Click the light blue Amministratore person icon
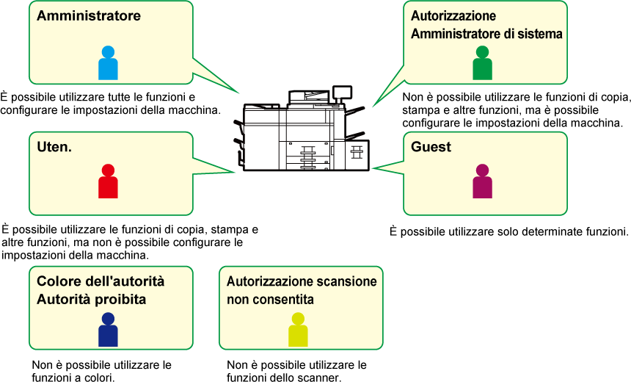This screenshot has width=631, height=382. pyautogui.click(x=108, y=63)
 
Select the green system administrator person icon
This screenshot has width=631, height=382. pyautogui.click(x=482, y=63)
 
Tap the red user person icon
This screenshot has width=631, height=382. pyautogui.click(x=108, y=181)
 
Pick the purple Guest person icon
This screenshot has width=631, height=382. pyautogui.click(x=482, y=181)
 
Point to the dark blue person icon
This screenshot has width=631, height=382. pyautogui.click(x=108, y=330)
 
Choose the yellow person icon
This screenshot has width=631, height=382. pyautogui.click(x=298, y=330)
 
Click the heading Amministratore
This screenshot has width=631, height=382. pyautogui.click(x=89, y=15)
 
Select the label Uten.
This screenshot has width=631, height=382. pyautogui.click(x=54, y=147)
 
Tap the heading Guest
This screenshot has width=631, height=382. pyautogui.click(x=431, y=147)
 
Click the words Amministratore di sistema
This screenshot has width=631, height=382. pyautogui.click(x=486, y=34)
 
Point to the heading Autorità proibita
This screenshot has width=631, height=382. pyautogui.click(x=92, y=300)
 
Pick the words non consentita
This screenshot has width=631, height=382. pyautogui.click(x=270, y=300)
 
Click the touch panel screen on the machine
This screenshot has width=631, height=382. pyautogui.click(x=343, y=93)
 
